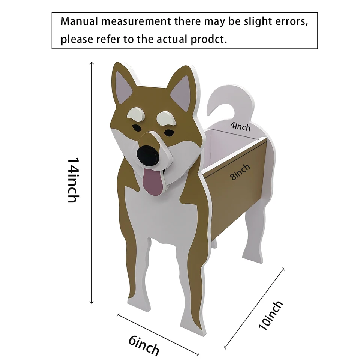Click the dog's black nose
pyautogui.click(x=149, y=155)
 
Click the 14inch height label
pyautogui.click(x=73, y=180)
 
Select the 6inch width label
pyautogui.click(x=144, y=345)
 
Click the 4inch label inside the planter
pyautogui.click(x=240, y=126)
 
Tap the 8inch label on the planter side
pyautogui.click(x=240, y=172)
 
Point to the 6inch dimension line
pyautogui.click(x=157, y=333)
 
